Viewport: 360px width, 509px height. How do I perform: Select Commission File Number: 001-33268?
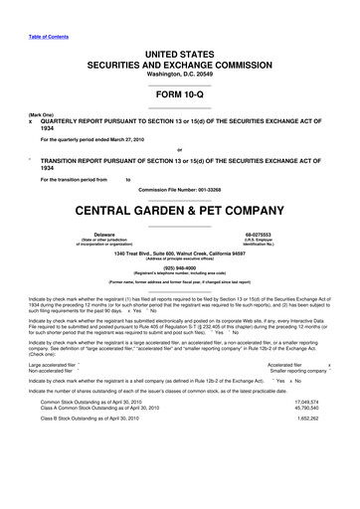pos(180,189)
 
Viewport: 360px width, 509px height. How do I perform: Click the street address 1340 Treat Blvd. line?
pos(180,254)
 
